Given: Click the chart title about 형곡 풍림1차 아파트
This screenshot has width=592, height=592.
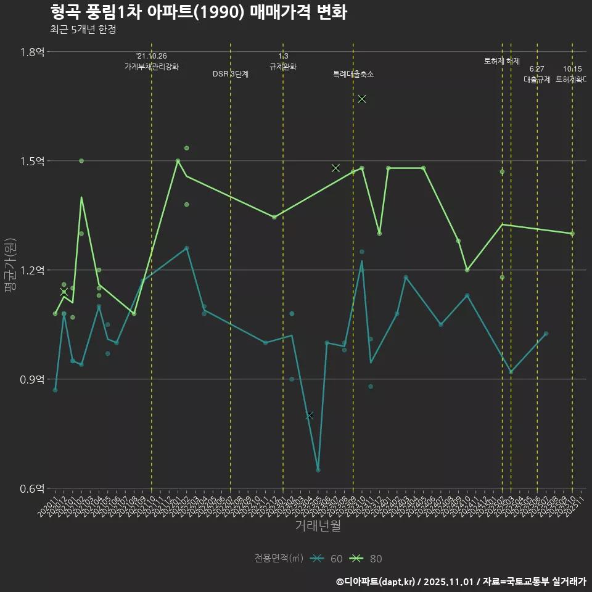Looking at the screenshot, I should point(198,12).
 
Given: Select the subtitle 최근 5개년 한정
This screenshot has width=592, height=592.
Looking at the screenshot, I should point(83,29).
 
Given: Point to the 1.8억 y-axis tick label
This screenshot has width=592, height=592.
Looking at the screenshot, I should point(32,52).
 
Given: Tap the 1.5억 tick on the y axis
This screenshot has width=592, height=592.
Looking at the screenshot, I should point(32,161).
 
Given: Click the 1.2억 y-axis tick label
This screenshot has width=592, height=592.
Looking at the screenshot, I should point(32,270).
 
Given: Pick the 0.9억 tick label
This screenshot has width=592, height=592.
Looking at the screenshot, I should point(32,379).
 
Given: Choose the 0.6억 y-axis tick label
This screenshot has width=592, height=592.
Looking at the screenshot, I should point(32,488).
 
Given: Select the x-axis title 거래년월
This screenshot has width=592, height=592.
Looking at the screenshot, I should point(318,526).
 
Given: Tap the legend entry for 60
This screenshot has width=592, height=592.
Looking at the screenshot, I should point(327,559).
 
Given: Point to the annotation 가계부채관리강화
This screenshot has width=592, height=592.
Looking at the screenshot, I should point(152,67).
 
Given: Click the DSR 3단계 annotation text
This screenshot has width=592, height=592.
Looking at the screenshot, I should point(231,74).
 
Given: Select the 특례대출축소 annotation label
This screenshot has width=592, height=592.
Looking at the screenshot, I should point(353,74).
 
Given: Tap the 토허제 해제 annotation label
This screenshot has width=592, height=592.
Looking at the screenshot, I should point(502,61).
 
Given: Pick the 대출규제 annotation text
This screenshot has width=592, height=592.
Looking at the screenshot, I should point(537,80).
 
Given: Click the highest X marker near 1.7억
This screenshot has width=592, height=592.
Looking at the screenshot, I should point(362,99).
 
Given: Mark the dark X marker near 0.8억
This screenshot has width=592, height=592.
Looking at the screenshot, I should point(310,416).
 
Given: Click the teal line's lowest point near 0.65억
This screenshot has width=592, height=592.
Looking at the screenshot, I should point(318,470).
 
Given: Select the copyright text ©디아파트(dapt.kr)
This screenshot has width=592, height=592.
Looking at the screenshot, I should point(378,581).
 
